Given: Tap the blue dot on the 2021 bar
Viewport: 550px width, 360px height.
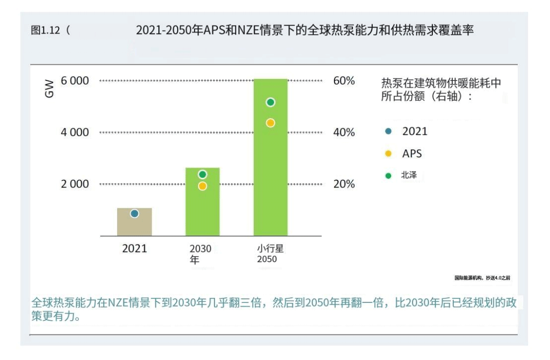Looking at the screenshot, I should [134, 214].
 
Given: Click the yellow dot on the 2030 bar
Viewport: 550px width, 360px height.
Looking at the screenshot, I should [202, 186].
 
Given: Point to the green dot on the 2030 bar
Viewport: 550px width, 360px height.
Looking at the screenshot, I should [202, 175].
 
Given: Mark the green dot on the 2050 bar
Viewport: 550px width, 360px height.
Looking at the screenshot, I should [270, 102].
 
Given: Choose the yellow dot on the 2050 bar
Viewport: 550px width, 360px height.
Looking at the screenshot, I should [270, 123].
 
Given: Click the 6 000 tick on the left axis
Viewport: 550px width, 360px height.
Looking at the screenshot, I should [75, 81].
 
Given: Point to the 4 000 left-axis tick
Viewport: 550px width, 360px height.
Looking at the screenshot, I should [75, 132].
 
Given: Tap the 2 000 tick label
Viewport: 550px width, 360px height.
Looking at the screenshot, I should [75, 184].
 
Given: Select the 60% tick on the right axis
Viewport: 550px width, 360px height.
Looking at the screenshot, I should [344, 81].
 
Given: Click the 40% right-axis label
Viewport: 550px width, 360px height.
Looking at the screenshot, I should [344, 132].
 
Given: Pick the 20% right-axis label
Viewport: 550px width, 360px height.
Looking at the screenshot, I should [344, 184].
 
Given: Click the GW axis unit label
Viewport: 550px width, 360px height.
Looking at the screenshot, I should [49, 90].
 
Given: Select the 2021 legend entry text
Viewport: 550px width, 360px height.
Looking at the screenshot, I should [415, 131].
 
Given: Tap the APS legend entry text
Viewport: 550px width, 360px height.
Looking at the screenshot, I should [412, 153].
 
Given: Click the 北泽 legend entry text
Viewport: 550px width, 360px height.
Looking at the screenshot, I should [409, 176].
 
